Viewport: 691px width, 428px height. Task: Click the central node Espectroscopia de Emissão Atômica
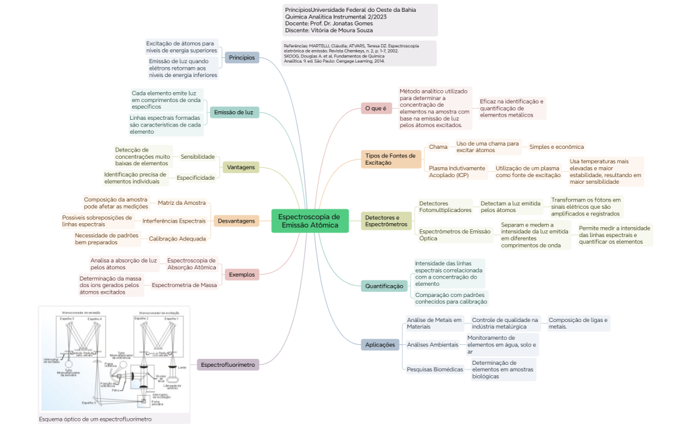pos(309,221)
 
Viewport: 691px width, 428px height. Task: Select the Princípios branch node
pos(242,57)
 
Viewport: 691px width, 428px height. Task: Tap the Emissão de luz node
pos(234,113)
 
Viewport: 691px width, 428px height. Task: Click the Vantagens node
pos(240,167)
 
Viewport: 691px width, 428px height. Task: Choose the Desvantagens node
pos(236,221)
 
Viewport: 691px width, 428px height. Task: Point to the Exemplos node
pos(242,274)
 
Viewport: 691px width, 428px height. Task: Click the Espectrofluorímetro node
pos(228,364)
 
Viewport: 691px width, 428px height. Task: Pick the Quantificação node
pos(384,286)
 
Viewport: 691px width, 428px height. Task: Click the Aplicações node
pos(380,344)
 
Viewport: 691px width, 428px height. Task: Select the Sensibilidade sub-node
pos(198,157)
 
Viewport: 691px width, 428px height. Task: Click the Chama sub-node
pos(438,147)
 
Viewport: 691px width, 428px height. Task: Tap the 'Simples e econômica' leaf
pos(556,147)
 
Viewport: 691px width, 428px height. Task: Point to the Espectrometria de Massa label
pos(184,285)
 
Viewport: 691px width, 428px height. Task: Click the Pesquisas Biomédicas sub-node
pos(434,369)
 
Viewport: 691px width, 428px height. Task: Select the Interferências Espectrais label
pos(174,221)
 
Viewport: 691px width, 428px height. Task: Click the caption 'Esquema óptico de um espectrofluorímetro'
pos(95,419)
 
